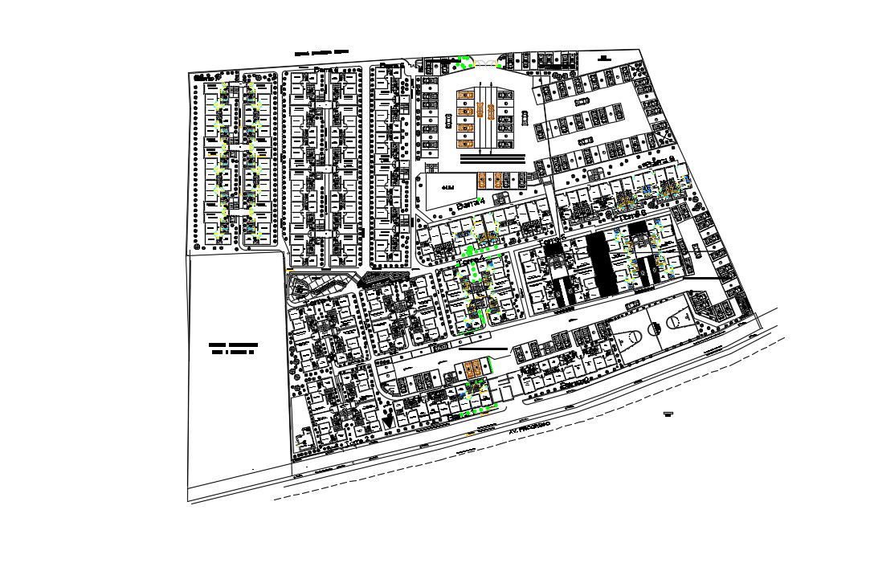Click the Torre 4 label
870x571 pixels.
pyautogui.click(x=471, y=263)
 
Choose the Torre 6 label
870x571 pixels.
pyautogui.click(x=553, y=243)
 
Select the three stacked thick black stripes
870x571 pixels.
pyautogui.click(x=492, y=159)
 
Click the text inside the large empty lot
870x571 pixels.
pyautogui.click(x=233, y=349)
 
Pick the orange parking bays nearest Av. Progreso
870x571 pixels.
pyautogui.click(x=472, y=369)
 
